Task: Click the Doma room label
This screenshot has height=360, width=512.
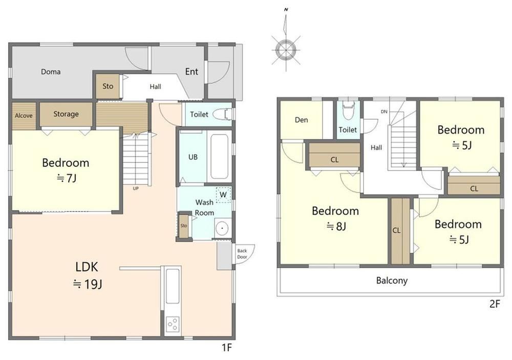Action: (x=51, y=72)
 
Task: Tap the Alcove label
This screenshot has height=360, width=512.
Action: (x=24, y=116)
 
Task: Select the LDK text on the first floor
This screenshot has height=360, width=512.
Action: (x=87, y=267)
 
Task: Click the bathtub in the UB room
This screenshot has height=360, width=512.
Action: (x=219, y=157)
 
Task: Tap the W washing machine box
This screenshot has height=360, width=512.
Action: (x=223, y=195)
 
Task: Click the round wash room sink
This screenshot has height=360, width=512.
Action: (x=223, y=228)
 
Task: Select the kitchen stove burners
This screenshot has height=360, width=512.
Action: (x=172, y=324)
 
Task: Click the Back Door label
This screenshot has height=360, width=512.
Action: (x=242, y=254)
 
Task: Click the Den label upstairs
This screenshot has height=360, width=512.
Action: (x=301, y=120)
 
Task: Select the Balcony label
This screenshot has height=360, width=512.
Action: (x=392, y=280)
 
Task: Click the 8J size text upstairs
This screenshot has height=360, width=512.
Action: (x=336, y=226)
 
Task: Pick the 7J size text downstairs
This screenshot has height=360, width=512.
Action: (x=67, y=178)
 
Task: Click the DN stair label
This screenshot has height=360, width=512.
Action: (x=384, y=112)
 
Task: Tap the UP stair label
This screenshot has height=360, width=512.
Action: (x=136, y=188)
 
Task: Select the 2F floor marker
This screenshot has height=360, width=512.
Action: (x=495, y=304)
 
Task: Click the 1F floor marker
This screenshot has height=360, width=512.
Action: (x=227, y=348)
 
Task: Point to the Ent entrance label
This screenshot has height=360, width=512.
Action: (x=191, y=72)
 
